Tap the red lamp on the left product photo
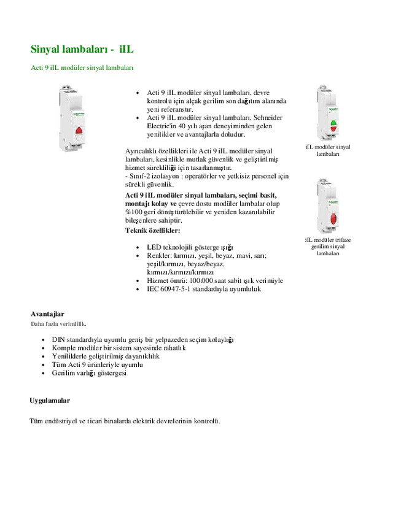click(x=80, y=129)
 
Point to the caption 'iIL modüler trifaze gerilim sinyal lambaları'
click(x=328, y=246)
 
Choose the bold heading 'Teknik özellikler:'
click(x=153, y=231)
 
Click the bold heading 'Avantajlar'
click(x=47, y=314)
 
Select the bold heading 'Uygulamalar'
click(x=50, y=401)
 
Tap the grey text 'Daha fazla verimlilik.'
click(x=58, y=323)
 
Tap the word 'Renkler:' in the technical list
click(x=159, y=255)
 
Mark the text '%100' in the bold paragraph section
click(x=133, y=212)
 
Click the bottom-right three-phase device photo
click(x=327, y=206)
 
